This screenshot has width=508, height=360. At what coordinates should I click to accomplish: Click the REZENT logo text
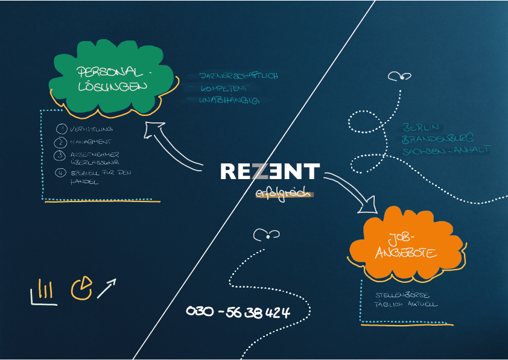pos(270,171)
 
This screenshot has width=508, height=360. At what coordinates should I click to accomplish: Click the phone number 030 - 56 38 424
pos(238,312)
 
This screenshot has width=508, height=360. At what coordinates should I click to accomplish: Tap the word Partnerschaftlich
pos(238,76)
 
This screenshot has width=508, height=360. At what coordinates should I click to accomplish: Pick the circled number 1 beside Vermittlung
pos(61,129)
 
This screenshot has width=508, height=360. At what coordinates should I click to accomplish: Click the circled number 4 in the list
pos(60,173)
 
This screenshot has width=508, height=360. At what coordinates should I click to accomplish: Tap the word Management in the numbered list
pos(90,142)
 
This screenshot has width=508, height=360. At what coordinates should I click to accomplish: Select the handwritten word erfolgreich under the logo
pos(282,194)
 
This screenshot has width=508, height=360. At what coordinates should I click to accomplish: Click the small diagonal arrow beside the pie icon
pos(106,288)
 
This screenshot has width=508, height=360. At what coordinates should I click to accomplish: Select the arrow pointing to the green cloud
pos(175,145)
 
